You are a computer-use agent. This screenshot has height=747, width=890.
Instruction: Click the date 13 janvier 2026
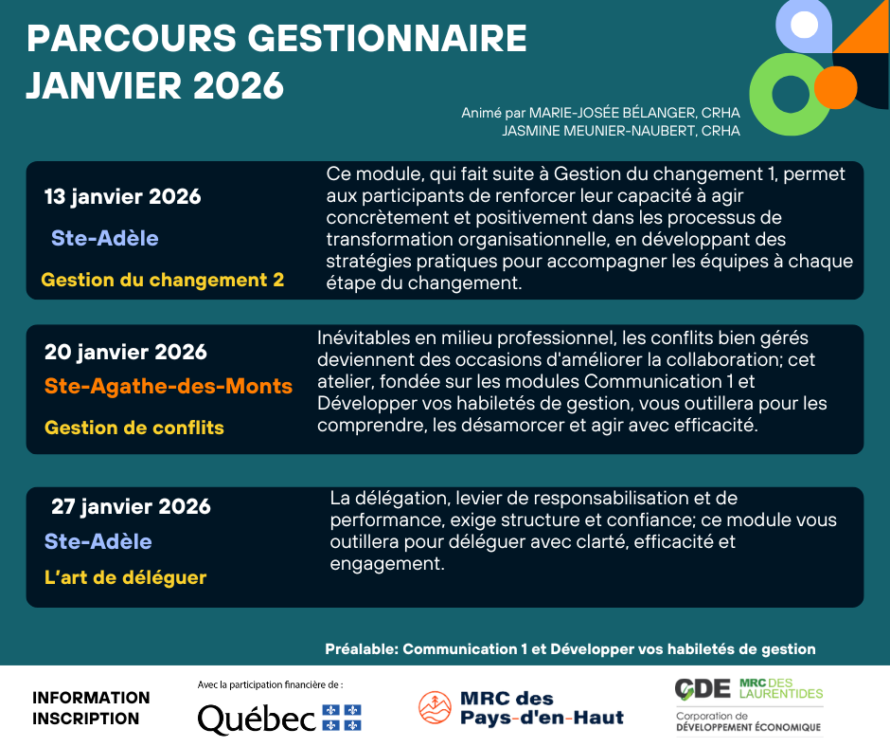point(122,197)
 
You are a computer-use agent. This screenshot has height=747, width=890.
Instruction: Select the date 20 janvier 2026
point(125,352)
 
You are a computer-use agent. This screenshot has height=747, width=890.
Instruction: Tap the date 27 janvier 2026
point(131,506)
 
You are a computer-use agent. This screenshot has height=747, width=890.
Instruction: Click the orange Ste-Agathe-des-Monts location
point(169,387)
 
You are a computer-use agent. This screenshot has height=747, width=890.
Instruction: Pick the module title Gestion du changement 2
point(163,280)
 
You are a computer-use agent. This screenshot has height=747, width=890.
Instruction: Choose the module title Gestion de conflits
point(133,428)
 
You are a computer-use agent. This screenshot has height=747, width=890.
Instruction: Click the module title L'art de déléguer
point(125,577)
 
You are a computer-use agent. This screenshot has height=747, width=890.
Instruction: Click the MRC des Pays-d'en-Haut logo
point(521,708)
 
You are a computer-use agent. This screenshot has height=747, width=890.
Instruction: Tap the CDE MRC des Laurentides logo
point(748,705)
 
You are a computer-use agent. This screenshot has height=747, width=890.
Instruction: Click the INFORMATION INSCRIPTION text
point(91,707)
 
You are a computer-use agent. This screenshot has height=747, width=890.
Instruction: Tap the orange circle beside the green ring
point(834,86)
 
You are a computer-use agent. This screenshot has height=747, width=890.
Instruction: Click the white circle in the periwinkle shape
point(804,25)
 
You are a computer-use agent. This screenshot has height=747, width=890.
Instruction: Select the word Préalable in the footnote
point(361,649)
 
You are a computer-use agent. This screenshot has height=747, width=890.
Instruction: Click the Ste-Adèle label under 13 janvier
point(104,238)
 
